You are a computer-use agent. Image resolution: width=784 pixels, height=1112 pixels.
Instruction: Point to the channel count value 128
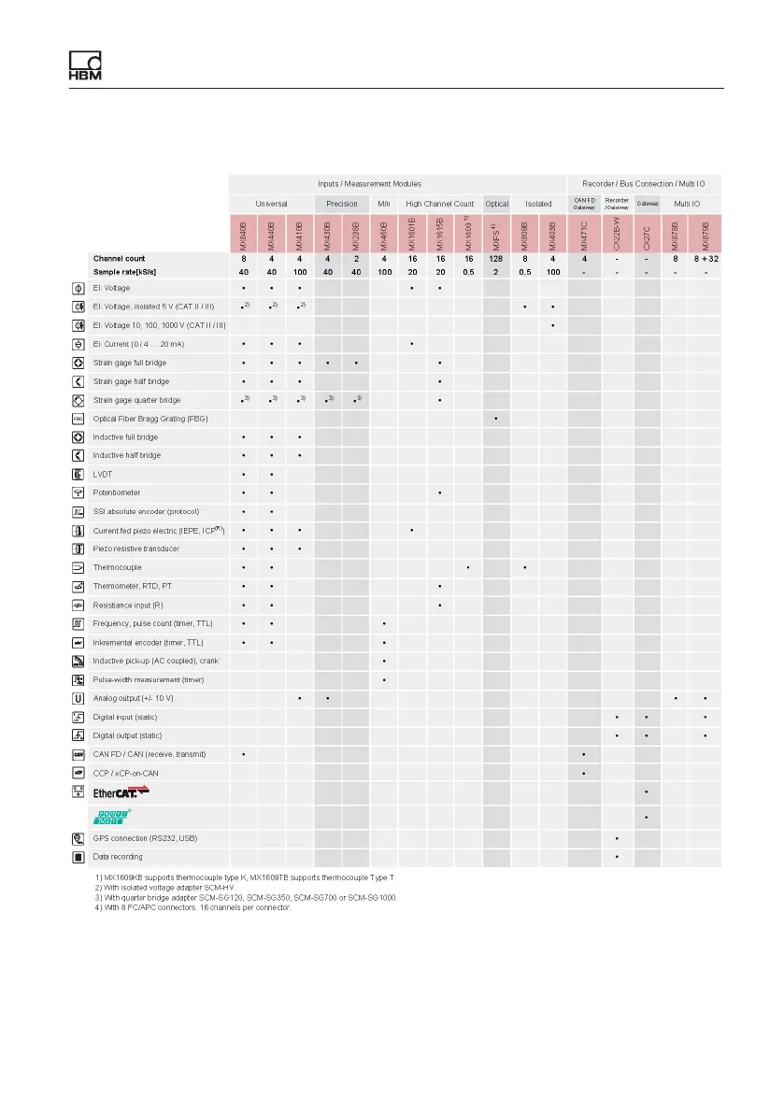(496, 258)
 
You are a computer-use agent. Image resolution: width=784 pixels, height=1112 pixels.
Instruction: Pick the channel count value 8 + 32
(706, 258)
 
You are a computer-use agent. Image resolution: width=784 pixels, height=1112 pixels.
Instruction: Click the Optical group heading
(497, 203)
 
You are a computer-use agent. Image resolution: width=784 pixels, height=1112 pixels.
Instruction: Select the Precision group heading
(342, 203)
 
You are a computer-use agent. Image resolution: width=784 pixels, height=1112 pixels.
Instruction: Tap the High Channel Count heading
(440, 203)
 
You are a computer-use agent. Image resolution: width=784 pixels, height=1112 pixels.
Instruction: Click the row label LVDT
(103, 474)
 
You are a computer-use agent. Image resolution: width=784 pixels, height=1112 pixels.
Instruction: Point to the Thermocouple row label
(117, 567)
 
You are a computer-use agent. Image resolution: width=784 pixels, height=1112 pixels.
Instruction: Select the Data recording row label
(119, 856)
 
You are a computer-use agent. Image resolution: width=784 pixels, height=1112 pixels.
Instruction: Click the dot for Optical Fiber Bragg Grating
(495, 419)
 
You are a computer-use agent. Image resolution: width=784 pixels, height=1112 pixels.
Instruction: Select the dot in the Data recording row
(617, 857)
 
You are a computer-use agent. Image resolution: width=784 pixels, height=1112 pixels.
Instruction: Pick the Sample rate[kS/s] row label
(125, 272)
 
